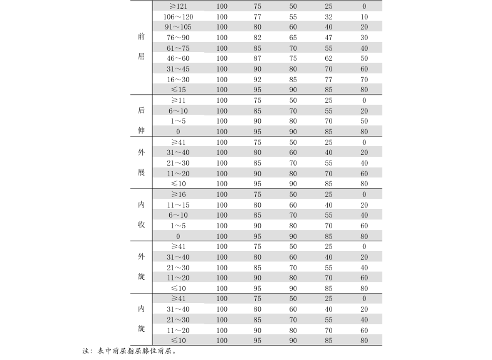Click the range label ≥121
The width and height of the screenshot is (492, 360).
click(178, 6)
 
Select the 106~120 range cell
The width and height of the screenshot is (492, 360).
click(178, 16)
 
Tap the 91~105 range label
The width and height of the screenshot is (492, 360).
click(178, 27)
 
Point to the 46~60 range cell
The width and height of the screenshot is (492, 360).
click(178, 58)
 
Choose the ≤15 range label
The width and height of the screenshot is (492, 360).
click(178, 90)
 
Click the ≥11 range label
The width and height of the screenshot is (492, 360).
click(178, 100)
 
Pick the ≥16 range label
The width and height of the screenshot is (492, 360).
click(178, 194)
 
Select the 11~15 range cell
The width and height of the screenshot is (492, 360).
click(178, 205)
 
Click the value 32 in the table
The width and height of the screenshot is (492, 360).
click(329, 16)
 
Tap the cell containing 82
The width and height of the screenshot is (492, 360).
click(258, 38)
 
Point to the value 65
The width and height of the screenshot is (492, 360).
click(293, 38)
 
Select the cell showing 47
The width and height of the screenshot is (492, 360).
click(329, 38)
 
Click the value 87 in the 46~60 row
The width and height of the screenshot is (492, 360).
click(258, 58)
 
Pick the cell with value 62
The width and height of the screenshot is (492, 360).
click(329, 58)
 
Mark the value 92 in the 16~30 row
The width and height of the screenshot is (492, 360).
click(258, 80)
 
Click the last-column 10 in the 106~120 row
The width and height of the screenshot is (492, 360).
click(364, 16)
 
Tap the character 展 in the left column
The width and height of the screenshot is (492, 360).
click(141, 172)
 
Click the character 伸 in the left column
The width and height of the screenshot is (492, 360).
click(141, 130)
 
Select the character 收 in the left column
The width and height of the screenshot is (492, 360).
click(141, 225)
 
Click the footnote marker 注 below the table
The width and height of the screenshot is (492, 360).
click(86, 351)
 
